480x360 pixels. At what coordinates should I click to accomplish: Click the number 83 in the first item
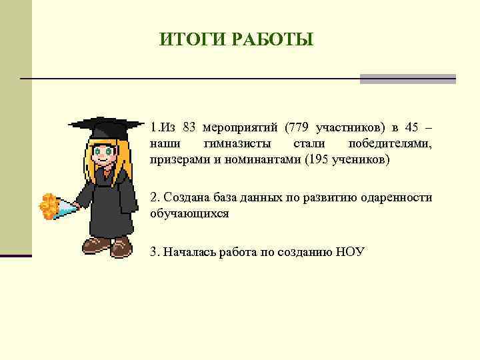pyautogui.click(x=189, y=127)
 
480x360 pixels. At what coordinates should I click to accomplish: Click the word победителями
pyautogui.click(x=390, y=144)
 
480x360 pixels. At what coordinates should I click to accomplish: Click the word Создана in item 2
pyautogui.click(x=185, y=197)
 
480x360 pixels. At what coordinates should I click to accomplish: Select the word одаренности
pyautogui.click(x=396, y=197)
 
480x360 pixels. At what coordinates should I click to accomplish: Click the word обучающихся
pyautogui.click(x=189, y=214)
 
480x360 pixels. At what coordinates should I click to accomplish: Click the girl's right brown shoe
pyautogui.click(x=122, y=249)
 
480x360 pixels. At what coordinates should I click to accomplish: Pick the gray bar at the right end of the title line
pyautogui.click(x=407, y=79)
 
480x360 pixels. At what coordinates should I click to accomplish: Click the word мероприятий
pyautogui.click(x=235, y=127)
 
